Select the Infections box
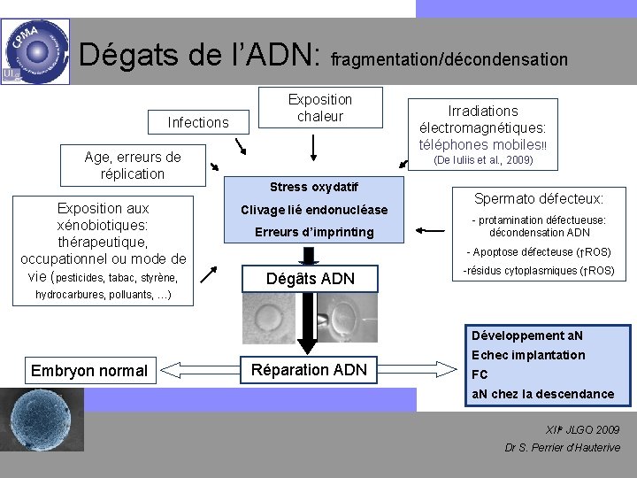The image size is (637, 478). pos(198,122)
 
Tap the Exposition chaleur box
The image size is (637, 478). pos(319,108)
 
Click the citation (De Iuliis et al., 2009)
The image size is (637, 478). pos(482,160)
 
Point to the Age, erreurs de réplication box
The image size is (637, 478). pos(132,166)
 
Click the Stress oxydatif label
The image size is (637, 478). pos(313,187)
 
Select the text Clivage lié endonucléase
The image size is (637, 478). pos(314,210)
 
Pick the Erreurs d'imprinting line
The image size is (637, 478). pos(314,232)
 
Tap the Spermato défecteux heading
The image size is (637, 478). pos(539,199)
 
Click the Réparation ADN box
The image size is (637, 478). pos(308,369)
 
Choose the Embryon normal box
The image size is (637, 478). pos(89,370)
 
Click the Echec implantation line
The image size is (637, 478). pos(528,355)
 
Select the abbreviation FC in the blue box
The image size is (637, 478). pos(480,374)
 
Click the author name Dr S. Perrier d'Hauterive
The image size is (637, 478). pos(562,447)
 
